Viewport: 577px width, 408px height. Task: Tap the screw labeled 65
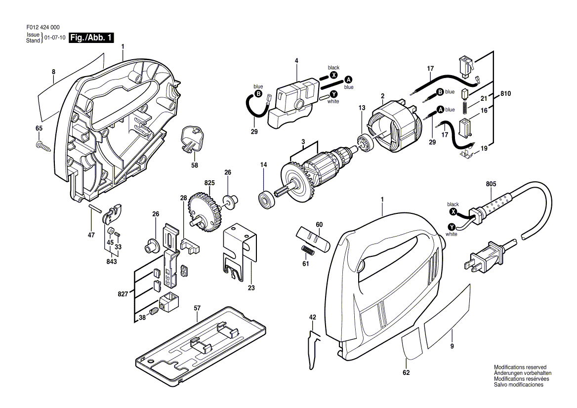tap(42, 146)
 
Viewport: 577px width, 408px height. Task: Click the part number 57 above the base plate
tap(197, 308)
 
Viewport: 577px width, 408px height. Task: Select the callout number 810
tap(505, 94)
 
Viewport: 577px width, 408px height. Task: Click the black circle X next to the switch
tap(333, 75)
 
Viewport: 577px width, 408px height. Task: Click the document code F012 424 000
tap(43, 27)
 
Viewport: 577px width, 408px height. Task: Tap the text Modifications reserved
tap(520, 367)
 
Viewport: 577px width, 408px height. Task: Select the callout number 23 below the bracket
tap(251, 288)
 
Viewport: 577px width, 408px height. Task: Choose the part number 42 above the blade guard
tap(312, 317)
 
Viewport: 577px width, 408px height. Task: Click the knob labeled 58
tap(191, 139)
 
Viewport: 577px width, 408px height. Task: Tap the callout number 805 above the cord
tap(491, 184)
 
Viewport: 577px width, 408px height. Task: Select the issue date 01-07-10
tap(55, 38)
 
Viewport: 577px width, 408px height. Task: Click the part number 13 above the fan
tap(362, 108)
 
